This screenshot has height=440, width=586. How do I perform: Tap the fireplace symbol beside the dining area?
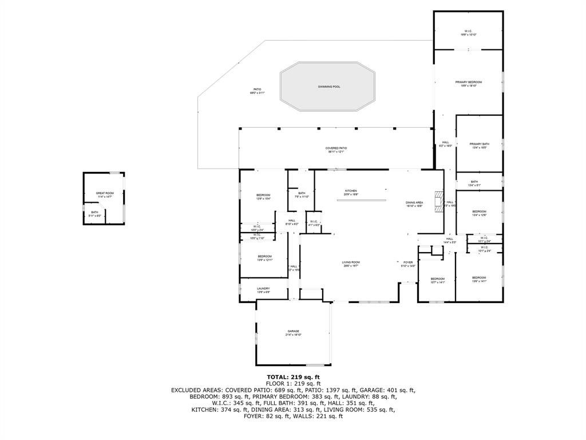coord(438,202)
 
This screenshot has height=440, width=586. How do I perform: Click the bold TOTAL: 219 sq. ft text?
coord(293,377)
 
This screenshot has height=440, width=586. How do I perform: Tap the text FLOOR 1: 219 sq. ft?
coord(293,383)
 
